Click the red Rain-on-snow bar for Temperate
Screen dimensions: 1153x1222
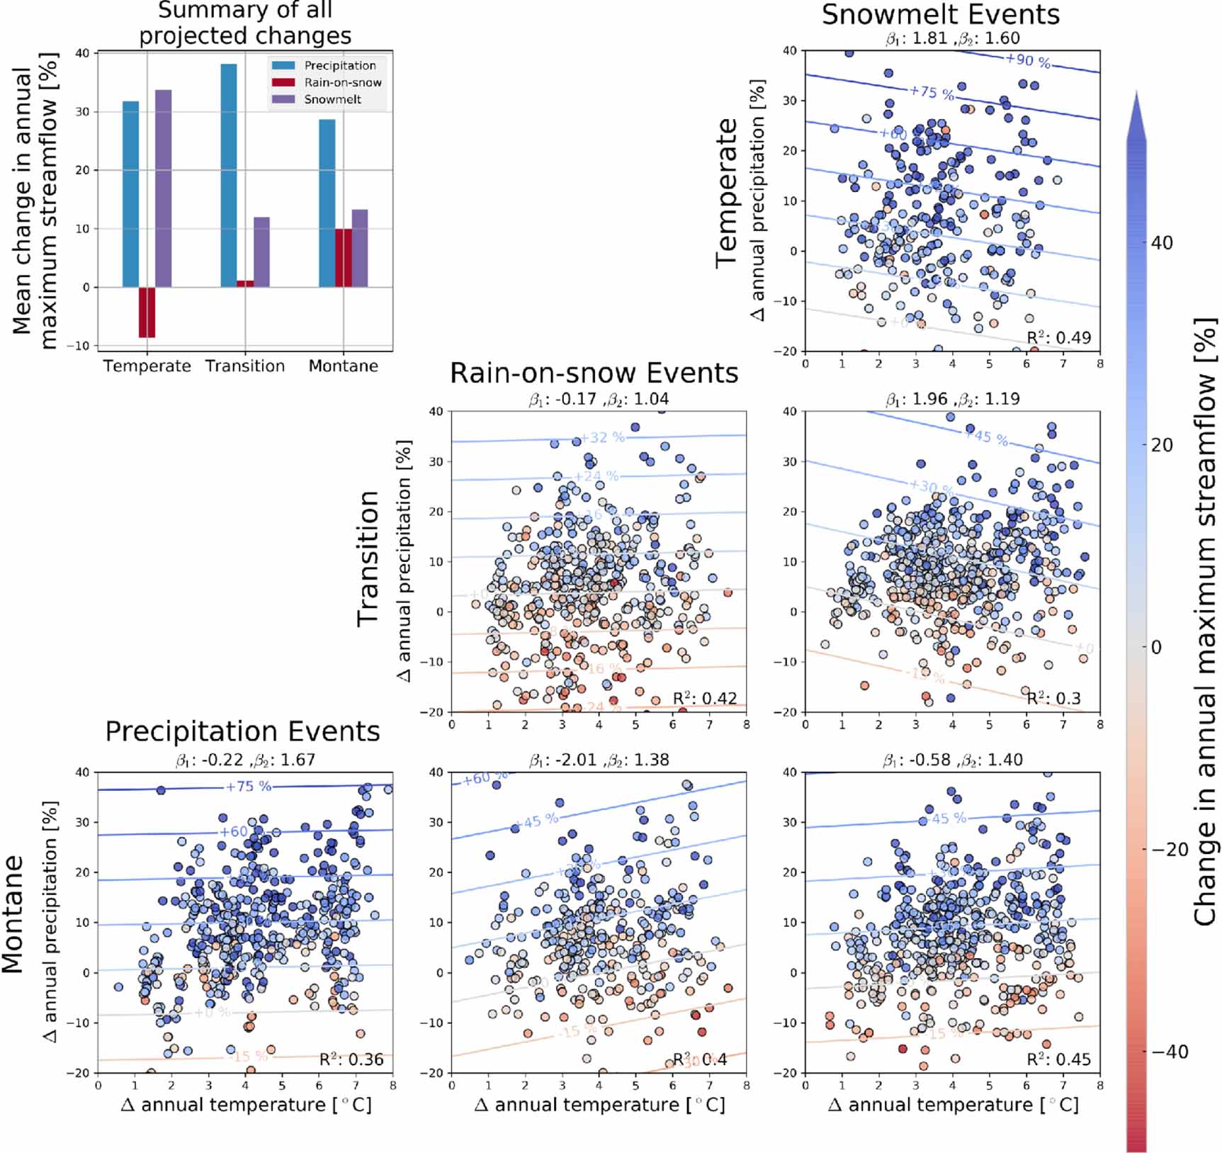point(147,313)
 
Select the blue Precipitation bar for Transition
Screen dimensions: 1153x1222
point(229,175)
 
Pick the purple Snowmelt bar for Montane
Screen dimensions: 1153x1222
point(360,248)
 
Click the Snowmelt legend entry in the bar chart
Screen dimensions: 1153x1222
point(332,99)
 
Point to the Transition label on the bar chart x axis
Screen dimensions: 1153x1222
point(245,366)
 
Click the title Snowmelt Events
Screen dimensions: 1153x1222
point(940,14)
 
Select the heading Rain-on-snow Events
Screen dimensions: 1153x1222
point(594,373)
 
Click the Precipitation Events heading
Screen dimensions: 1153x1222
point(242,731)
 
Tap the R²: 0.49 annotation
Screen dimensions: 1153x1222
point(1058,337)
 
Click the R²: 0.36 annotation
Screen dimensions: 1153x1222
point(351,1059)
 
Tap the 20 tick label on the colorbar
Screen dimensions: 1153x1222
point(1161,445)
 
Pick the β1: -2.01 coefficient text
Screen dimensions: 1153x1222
point(563,760)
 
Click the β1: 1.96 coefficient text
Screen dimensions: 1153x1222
point(917,399)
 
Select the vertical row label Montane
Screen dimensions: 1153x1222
point(13,914)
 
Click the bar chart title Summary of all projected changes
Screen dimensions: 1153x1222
point(245,23)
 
